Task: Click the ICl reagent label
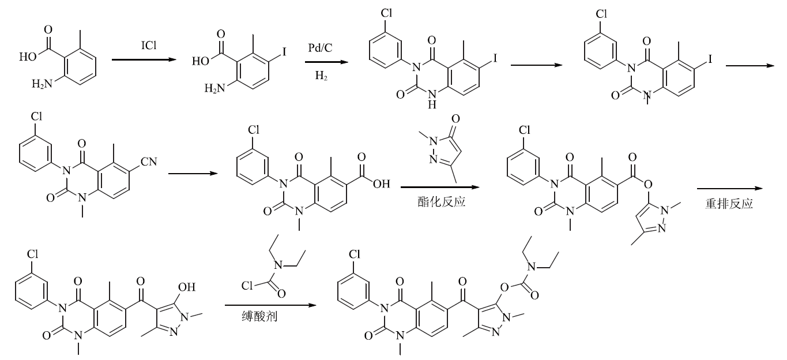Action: [149, 46]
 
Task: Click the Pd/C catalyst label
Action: [320, 48]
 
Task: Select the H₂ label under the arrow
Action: [321, 76]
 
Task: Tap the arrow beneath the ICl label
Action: [144, 60]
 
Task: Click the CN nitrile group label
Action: [149, 162]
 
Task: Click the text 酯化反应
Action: [441, 202]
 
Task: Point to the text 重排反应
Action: [729, 204]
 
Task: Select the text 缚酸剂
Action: [259, 316]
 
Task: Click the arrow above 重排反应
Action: [730, 189]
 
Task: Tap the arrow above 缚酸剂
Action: [270, 305]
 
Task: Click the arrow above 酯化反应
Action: [440, 187]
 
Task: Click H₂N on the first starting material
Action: [42, 84]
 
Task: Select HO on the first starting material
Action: [28, 57]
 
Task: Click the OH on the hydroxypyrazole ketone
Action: [187, 287]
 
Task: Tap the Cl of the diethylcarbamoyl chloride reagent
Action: [247, 286]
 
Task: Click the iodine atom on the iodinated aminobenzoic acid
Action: [284, 52]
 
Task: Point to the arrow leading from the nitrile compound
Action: [193, 174]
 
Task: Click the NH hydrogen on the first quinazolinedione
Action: [432, 104]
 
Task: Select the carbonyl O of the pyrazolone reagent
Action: [455, 119]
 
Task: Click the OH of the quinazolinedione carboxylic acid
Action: [382, 184]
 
